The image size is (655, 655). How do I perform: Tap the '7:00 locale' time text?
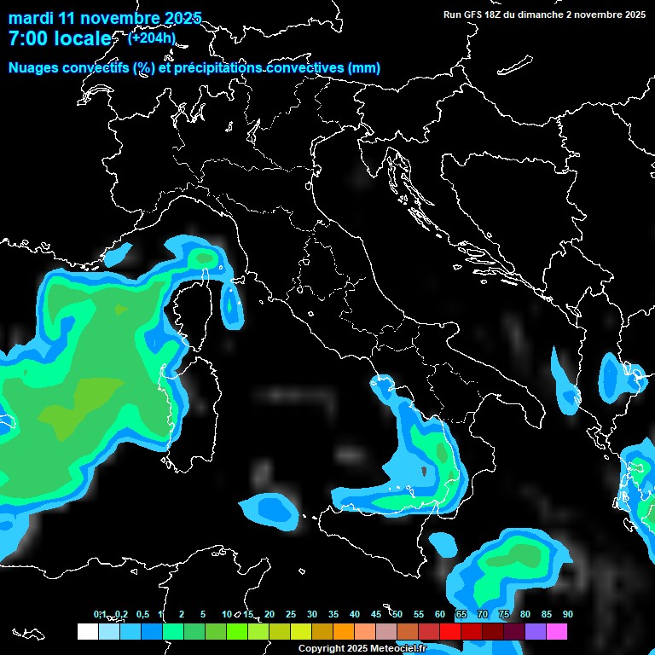coord(60,38)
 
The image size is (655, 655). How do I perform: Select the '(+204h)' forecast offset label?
coord(152,38)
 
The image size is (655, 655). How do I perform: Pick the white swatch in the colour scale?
coord(87,632)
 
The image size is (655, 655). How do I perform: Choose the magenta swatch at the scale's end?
coord(557,632)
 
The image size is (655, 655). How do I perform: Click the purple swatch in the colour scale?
coord(536,632)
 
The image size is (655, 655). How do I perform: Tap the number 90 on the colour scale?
coord(568,615)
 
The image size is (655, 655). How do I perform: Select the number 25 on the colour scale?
coord(291,615)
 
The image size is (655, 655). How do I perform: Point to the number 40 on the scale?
coord(355,615)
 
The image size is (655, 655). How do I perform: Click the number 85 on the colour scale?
coord(547,615)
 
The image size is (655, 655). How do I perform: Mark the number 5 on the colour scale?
coord(203,615)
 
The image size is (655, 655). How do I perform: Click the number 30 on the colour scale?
coord(312,615)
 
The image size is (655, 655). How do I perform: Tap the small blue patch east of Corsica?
coord(231,307)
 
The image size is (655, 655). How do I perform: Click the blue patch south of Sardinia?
coord(271,509)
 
